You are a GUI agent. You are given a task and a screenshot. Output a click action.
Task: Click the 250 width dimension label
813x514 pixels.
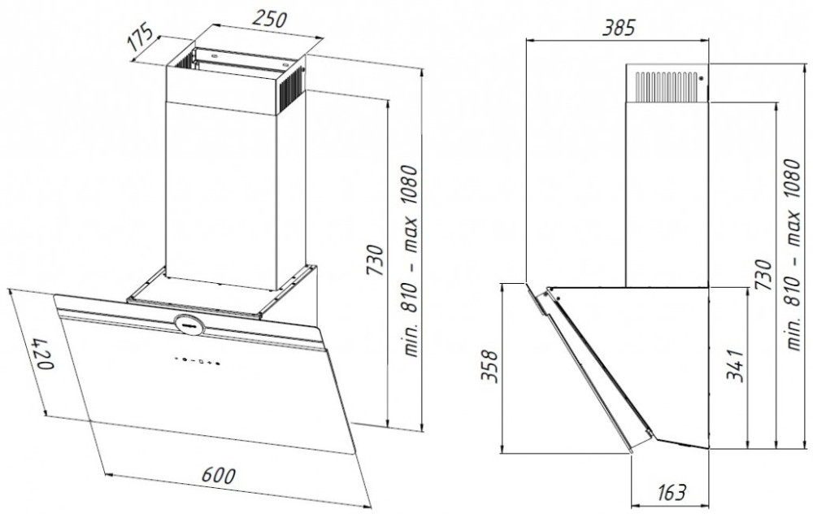click(x=269, y=20)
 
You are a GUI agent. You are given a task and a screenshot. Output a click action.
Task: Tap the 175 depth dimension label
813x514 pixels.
click(x=141, y=37)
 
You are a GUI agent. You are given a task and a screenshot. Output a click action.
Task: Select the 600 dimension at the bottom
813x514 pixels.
click(x=218, y=475)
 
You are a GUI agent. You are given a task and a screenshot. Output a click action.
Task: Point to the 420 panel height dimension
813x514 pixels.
click(x=42, y=355)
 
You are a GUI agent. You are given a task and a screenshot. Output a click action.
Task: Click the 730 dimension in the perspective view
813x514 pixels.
click(x=376, y=259)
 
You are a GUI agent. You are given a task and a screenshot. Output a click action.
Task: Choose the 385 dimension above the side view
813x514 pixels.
click(x=618, y=28)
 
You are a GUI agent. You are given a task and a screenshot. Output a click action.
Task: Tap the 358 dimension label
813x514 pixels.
click(x=489, y=367)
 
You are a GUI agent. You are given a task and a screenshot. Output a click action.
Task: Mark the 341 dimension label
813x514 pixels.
click(x=735, y=366)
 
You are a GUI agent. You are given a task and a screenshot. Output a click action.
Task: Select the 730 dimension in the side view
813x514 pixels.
click(x=763, y=275)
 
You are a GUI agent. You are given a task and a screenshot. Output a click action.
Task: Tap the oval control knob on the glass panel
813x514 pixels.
click(x=189, y=324)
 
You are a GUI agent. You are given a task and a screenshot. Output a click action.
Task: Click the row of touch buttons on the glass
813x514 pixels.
click(x=197, y=360)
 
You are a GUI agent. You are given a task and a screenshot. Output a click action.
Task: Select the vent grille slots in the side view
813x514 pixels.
click(x=667, y=86)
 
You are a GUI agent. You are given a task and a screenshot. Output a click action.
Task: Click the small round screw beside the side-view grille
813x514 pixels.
click(x=701, y=78)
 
